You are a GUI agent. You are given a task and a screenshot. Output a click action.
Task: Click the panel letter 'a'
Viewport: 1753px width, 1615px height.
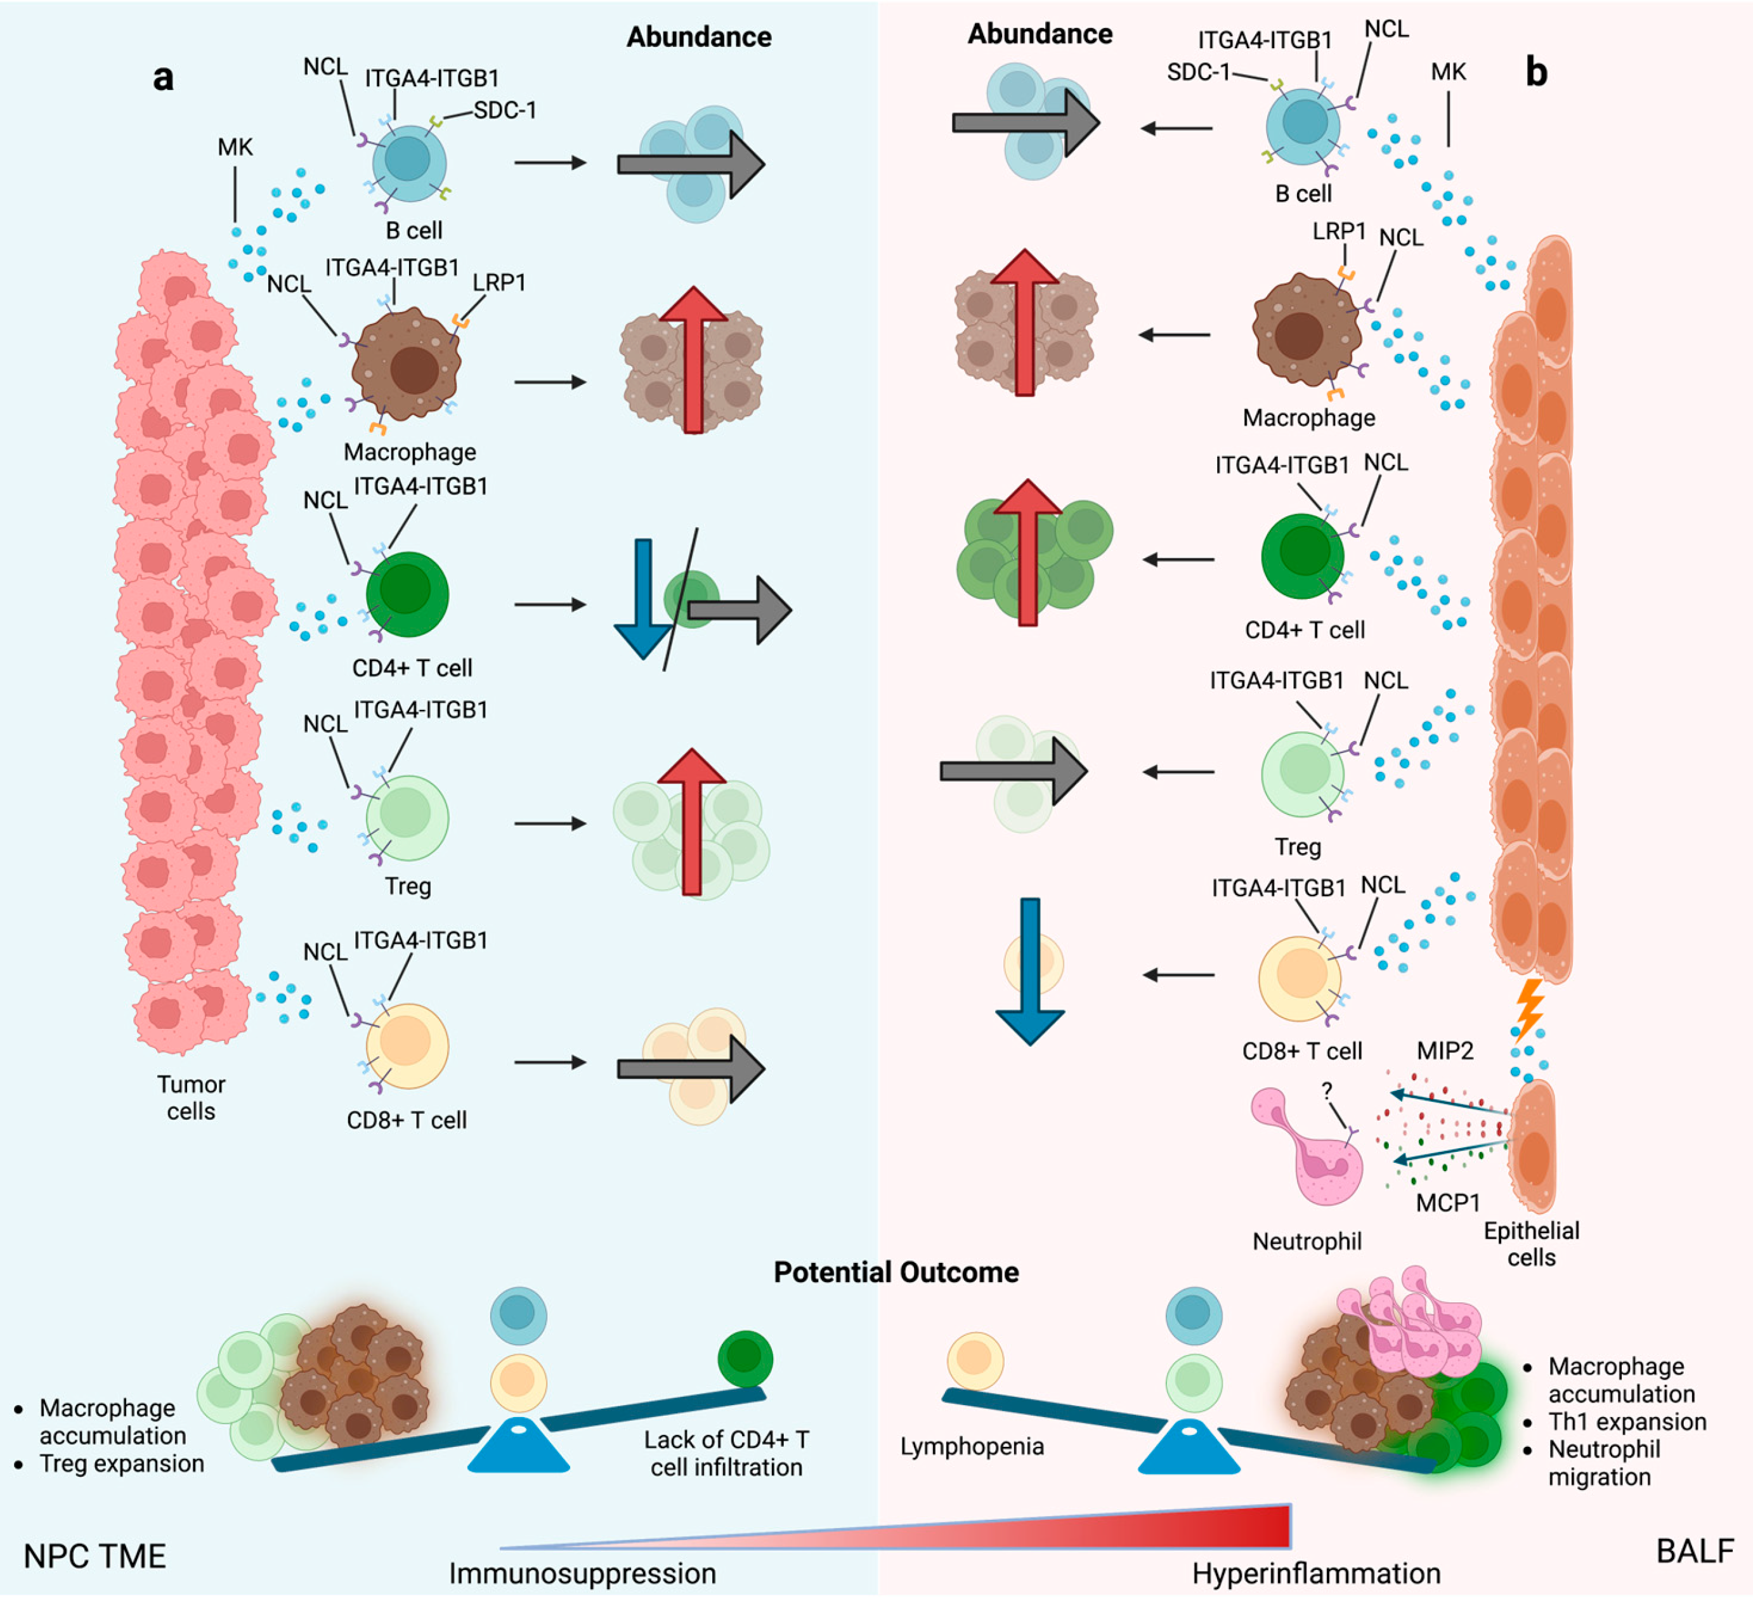pyautogui.click(x=164, y=79)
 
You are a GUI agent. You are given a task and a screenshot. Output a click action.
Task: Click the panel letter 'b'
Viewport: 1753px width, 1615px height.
pyautogui.click(x=1536, y=72)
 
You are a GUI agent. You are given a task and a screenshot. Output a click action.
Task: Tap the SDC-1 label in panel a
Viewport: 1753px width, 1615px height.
pyautogui.click(x=505, y=110)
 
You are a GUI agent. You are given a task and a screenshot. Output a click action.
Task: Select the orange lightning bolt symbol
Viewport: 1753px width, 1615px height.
pyautogui.click(x=1528, y=1007)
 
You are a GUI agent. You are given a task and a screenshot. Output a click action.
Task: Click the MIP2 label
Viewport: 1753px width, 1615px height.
pyautogui.click(x=1445, y=1050)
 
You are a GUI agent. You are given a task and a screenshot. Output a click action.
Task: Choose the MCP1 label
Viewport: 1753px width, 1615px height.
pyautogui.click(x=1448, y=1203)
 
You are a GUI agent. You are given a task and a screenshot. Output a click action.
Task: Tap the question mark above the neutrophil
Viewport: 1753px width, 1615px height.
pyautogui.click(x=1327, y=1090)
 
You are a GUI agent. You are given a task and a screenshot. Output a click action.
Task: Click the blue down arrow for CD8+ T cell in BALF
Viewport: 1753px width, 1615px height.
pyautogui.click(x=1031, y=971)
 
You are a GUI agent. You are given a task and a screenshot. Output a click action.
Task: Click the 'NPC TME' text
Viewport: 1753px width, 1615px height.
pyautogui.click(x=94, y=1557)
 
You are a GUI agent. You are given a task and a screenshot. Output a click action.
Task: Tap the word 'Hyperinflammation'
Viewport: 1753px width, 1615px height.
pyautogui.click(x=1317, y=1574)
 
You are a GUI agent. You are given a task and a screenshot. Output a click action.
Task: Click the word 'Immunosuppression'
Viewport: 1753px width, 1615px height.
pyautogui.click(x=583, y=1573)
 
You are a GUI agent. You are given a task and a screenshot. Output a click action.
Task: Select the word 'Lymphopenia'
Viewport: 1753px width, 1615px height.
pyautogui.click(x=972, y=1446)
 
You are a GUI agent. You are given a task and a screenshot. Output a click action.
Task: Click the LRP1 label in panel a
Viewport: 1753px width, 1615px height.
pyautogui.click(x=499, y=282)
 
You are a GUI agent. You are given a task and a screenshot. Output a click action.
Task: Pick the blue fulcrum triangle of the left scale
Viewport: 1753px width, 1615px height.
pyautogui.click(x=519, y=1446)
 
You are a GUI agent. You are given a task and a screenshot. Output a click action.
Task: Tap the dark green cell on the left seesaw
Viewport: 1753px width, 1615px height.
pyautogui.click(x=745, y=1359)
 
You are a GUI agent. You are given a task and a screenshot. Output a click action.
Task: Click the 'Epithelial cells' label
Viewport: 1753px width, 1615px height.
pyautogui.click(x=1532, y=1243)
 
